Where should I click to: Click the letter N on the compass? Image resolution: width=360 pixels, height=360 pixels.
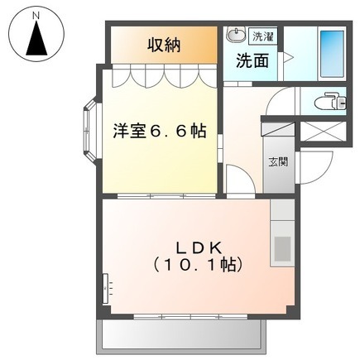(x=36, y=16)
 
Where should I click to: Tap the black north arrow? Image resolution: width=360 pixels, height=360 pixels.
(x=36, y=38)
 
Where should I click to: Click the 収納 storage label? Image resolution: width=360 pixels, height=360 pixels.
(x=164, y=45)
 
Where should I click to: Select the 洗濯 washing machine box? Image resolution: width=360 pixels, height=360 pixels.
(x=263, y=36)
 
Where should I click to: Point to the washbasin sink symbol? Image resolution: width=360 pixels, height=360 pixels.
(x=235, y=35)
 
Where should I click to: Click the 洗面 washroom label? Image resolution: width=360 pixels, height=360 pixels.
(x=252, y=60)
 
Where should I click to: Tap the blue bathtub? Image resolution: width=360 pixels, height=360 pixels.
(x=332, y=54)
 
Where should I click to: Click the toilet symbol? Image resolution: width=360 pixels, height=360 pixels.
(x=330, y=101)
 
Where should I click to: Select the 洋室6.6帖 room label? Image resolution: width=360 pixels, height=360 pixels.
(x=160, y=131)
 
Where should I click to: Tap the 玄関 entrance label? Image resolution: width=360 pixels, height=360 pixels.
(x=278, y=161)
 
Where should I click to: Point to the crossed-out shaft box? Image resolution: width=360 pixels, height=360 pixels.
(x=322, y=132)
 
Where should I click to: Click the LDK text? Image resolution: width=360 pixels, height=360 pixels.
(x=199, y=248)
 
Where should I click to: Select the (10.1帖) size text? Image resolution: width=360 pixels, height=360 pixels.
(x=198, y=265)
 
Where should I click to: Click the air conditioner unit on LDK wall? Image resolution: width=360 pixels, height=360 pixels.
(x=106, y=288)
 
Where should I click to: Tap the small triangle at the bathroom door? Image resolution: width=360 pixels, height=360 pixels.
(x=289, y=58)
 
